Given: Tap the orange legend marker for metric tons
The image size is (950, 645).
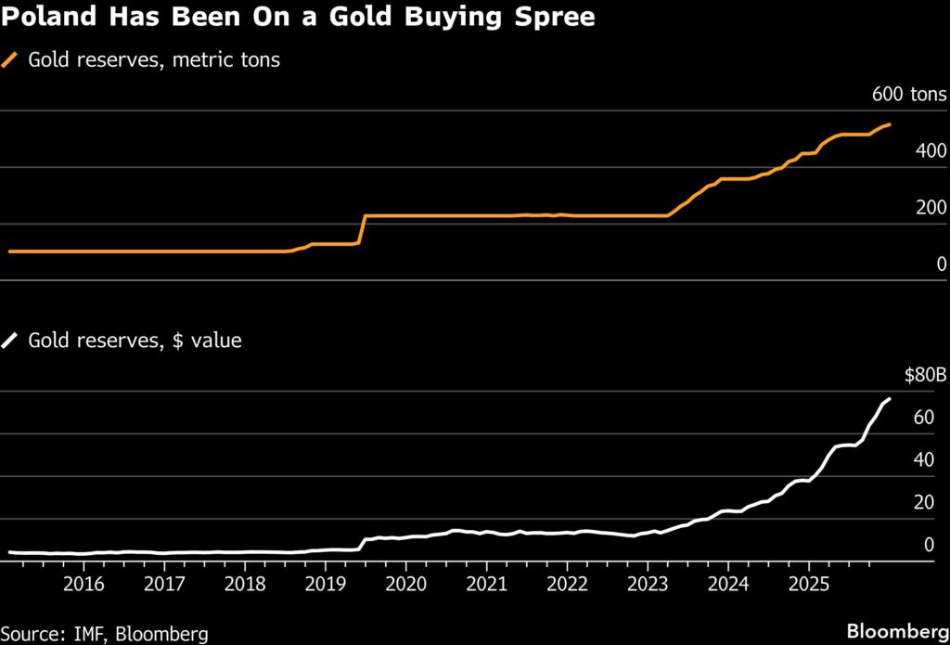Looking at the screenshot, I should (11, 60).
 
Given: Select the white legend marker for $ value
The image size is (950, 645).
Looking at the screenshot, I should (11, 341).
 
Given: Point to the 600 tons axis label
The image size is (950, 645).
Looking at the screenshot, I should (908, 94).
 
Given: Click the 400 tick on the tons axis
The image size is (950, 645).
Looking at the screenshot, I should (931, 150).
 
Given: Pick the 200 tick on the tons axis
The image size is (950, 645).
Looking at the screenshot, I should (931, 207).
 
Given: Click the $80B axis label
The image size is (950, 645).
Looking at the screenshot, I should (925, 375).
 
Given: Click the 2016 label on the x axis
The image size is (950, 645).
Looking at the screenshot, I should (83, 586).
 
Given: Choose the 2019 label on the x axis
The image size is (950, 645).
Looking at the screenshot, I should (325, 586).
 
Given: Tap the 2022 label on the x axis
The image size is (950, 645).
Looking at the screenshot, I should (566, 586).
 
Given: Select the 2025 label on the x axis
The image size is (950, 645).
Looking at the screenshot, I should (807, 586).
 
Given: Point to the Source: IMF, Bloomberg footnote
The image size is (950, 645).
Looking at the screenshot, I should (104, 633).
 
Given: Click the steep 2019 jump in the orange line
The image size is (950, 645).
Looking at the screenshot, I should (362, 230).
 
